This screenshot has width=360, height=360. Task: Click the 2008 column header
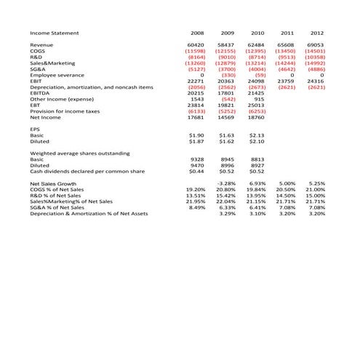tap(196, 33)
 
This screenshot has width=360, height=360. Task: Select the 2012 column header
tap(316, 33)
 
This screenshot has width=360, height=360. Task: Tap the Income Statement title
tap(55, 33)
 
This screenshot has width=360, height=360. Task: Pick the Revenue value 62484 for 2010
tap(257, 45)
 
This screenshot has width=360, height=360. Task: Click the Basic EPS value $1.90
tap(196, 135)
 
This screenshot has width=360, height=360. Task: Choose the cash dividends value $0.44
tap(196, 172)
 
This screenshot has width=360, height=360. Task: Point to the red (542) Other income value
tap(228, 99)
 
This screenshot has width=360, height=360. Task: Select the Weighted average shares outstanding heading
tap(80, 153)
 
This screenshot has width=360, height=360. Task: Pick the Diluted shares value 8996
tap(228, 166)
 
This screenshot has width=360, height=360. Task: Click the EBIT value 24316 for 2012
tap(316, 81)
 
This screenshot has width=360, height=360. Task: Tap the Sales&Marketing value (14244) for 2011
tap(286, 63)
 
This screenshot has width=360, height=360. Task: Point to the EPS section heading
tap(36, 129)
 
